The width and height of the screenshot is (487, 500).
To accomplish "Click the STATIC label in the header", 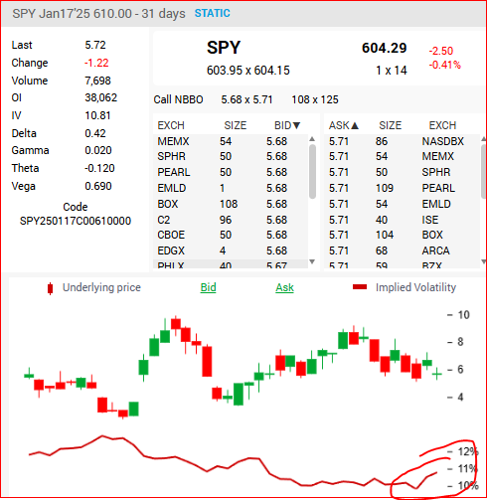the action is pos(213,13).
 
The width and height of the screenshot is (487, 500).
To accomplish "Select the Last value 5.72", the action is pos(95,45).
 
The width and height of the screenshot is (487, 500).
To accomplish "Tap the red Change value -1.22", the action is pos(96,63).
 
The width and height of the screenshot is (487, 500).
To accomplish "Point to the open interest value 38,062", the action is pos(101,97).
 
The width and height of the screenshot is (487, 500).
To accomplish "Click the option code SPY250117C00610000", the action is pos(76,221).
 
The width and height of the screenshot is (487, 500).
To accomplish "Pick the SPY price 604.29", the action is pos(384,48).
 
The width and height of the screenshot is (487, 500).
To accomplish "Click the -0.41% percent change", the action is pos(444,65).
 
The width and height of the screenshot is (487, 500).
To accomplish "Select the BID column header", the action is pos(287,125).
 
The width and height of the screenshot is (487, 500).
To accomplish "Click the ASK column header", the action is pos(344,125).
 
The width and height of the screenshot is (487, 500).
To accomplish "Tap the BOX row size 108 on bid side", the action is pos(229,204).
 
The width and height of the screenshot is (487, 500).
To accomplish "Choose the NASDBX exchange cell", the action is pos(442,141).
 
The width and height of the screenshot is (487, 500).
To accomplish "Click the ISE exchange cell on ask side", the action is pos(430,220).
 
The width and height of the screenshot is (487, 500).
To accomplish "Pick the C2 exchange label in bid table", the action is pos(164,220).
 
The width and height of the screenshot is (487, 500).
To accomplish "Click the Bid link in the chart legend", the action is pos(208,287).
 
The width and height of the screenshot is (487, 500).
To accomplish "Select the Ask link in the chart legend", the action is pos(284,287).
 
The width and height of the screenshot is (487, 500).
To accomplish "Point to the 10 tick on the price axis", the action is pos(463,314).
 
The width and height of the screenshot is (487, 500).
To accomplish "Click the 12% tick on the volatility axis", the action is pos(467,451).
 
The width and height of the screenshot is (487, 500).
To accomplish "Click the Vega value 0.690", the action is pos(98,186).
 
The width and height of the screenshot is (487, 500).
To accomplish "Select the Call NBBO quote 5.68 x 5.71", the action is pos(246,99).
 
